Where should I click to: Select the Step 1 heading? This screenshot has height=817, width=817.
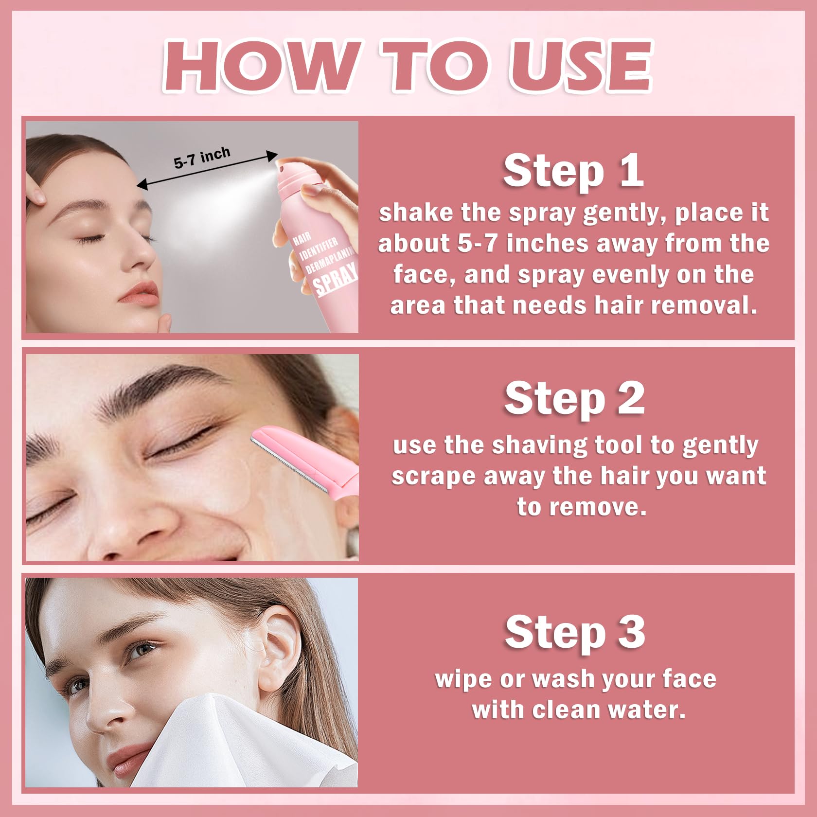coord(573,171)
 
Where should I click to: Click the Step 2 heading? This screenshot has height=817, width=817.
coord(574,398)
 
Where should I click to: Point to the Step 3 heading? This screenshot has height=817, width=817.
coord(575,632)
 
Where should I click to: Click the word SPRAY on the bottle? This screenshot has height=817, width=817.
coord(336,279)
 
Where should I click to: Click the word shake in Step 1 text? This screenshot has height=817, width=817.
coord(415,213)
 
